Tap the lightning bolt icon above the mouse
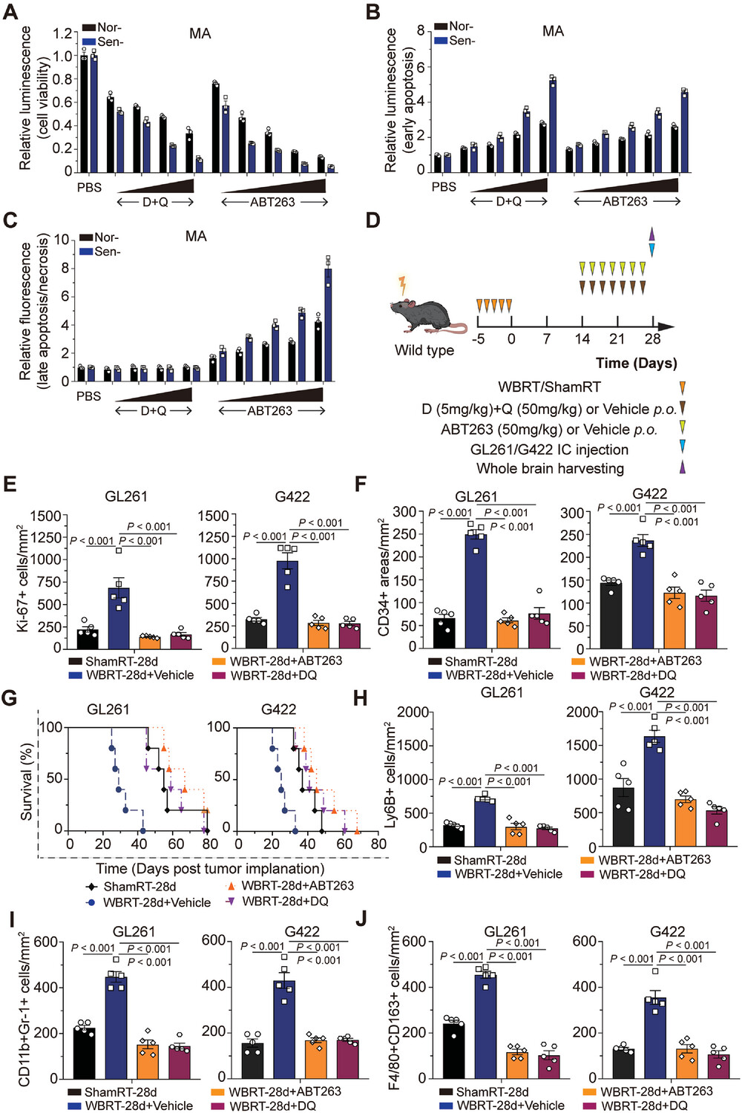point(404,286)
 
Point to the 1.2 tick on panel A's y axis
point(63,33)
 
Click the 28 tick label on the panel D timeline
point(652,339)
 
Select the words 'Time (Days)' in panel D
point(636,363)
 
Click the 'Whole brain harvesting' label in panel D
point(550,468)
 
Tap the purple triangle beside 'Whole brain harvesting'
point(682,467)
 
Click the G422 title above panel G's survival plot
point(278,709)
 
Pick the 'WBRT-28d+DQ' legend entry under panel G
point(285,901)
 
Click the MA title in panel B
point(553,31)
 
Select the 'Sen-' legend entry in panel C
point(107,252)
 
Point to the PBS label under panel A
point(89,187)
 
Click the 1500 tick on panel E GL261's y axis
point(46,516)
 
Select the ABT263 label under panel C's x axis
point(269,410)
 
